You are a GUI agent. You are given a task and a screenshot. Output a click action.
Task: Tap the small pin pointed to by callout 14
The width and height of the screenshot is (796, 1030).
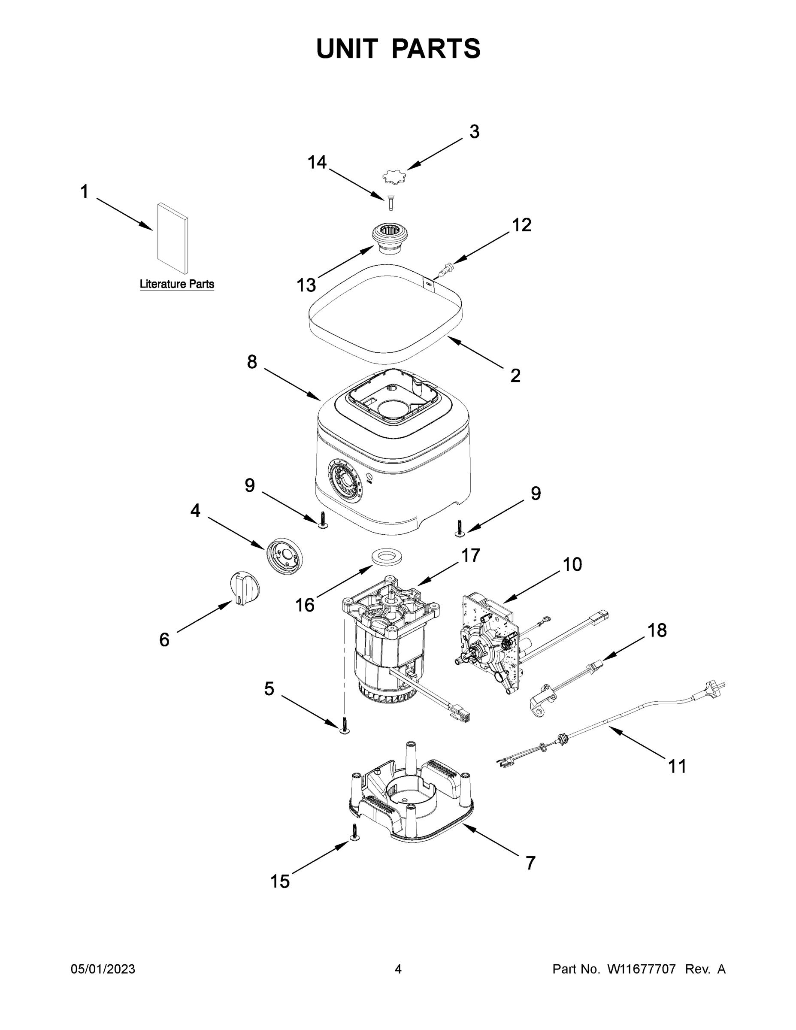[x=390, y=203]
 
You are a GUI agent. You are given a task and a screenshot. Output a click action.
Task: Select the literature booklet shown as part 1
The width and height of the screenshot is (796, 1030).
[x=173, y=239]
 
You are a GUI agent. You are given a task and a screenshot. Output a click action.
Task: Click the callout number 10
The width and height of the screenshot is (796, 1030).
[x=572, y=564]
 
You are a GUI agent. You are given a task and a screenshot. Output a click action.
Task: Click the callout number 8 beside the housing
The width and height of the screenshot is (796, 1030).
[x=252, y=362]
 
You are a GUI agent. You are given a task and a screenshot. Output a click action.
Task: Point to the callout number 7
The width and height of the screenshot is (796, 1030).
[x=530, y=863]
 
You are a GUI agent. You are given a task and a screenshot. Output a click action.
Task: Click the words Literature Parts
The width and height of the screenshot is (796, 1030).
[x=177, y=285]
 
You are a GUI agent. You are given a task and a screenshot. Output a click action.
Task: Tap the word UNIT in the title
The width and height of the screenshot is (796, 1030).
[x=347, y=48]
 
